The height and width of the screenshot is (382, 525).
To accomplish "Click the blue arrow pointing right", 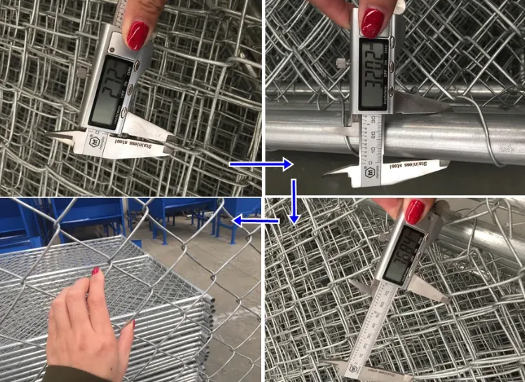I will [x=261, y=164].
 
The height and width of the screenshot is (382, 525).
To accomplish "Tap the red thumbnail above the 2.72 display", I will [x=137, y=34].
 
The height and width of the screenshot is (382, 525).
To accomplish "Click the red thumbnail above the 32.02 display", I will [x=372, y=22].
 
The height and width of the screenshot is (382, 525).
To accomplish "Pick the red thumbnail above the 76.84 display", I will [x=414, y=210].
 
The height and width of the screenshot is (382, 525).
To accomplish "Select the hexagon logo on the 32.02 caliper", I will [x=368, y=170].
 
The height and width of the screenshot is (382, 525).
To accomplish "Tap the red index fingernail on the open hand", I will [x=96, y=271].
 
